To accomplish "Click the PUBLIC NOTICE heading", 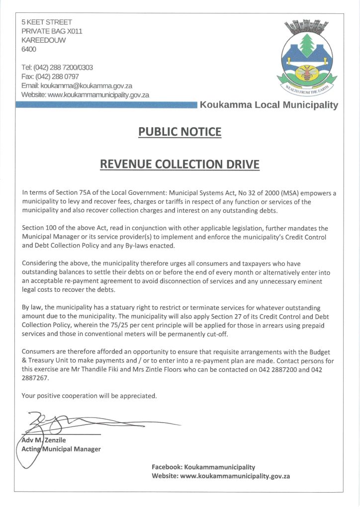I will (x=180, y=132).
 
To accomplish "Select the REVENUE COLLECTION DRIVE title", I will (x=180, y=164).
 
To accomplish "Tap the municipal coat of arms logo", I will (x=307, y=57).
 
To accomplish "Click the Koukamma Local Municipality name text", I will (x=269, y=105).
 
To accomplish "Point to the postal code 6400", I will (x=29, y=49).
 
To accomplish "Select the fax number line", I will (x=50, y=76).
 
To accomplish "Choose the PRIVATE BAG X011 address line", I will (x=52, y=31).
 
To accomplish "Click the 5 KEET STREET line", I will (x=47, y=22).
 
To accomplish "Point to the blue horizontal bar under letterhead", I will (x=106, y=105).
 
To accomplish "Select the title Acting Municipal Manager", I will (x=61, y=449).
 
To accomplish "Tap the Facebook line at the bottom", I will (x=203, y=467).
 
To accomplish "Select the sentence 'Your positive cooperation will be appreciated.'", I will (x=90, y=396).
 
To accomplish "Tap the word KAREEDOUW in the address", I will (x=43, y=40).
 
